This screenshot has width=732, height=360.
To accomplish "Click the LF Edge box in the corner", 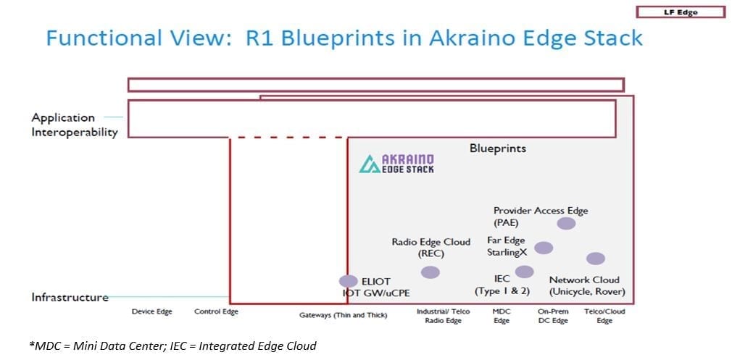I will [680, 12].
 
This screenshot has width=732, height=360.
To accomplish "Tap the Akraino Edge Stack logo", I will [397, 163].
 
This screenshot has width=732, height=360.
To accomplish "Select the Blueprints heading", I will [497, 148].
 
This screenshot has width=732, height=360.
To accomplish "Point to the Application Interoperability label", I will [74, 125].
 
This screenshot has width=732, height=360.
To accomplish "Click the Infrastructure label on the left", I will [70, 297].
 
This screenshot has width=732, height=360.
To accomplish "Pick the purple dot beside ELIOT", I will [349, 281].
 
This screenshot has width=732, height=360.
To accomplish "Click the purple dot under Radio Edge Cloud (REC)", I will [430, 272].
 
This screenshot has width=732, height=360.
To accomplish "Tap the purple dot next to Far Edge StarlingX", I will [543, 248].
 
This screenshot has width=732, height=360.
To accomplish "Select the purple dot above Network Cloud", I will [595, 259].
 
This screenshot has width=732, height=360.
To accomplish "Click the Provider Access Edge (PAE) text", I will [540, 217].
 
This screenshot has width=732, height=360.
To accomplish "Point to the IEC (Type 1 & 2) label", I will [502, 285].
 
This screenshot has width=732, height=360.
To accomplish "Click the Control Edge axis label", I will [216, 312].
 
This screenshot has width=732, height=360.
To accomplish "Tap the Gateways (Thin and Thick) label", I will [343, 315].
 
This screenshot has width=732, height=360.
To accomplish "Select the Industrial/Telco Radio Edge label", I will [443, 316].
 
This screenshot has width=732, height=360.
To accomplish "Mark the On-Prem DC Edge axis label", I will [552, 316].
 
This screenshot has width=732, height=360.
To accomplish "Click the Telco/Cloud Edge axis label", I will [604, 316].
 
